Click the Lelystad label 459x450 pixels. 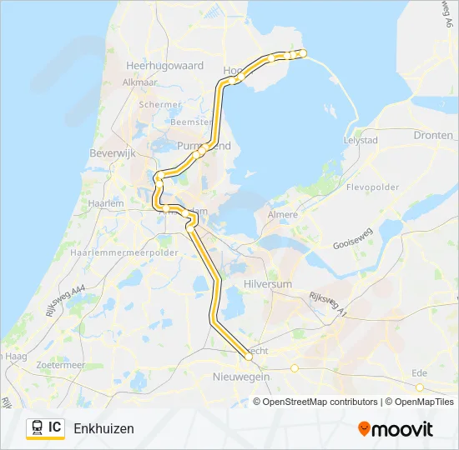point(361,141)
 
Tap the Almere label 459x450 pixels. point(281,215)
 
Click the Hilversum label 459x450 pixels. point(269,284)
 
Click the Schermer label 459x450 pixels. point(161,105)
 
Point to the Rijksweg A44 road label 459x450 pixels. point(43,307)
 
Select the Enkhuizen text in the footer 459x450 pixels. point(103,428)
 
